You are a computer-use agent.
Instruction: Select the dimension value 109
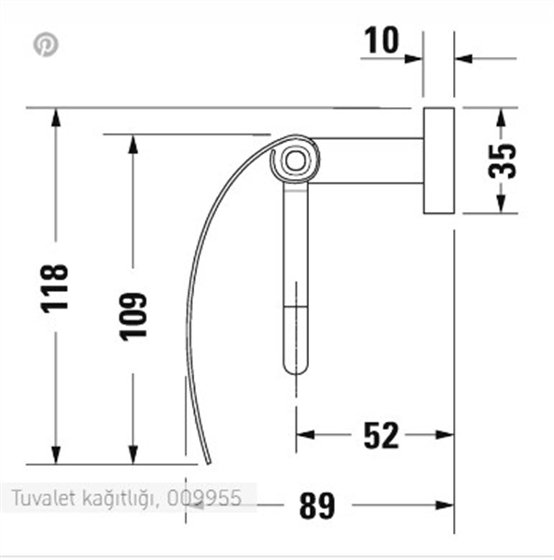point(133,317)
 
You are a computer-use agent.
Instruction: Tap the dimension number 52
point(380,435)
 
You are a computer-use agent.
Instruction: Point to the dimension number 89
point(317,505)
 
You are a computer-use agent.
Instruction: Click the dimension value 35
point(502,161)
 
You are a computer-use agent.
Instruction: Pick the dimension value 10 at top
point(381,40)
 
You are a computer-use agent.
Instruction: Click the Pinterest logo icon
point(46,45)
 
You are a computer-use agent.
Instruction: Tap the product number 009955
point(204,498)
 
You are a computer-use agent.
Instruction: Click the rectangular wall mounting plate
point(439,161)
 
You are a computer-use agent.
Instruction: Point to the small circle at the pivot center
point(293,161)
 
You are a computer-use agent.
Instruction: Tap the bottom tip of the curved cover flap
point(209,461)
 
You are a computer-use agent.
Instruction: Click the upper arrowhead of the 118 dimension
point(56,116)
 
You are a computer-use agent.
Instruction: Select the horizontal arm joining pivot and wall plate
point(369,161)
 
